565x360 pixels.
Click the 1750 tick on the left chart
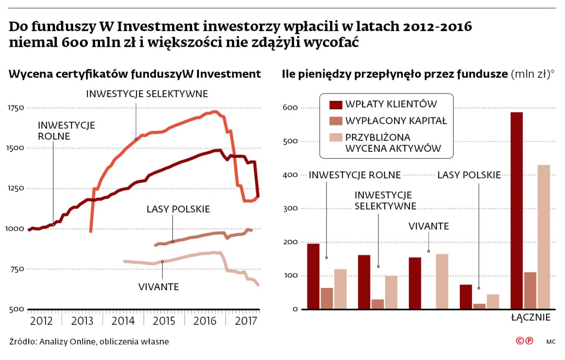16,108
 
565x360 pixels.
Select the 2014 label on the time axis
123,321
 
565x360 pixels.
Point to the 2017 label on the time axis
246,321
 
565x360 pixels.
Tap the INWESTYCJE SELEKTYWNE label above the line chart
147,94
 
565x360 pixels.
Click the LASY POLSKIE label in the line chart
178,209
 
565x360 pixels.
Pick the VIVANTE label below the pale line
158,287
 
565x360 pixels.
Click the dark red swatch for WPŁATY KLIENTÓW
336,105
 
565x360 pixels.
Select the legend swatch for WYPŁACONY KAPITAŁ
336,121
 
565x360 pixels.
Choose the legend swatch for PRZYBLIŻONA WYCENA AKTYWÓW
336,137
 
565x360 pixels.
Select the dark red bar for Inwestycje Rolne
313,276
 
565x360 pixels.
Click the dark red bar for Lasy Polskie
466,297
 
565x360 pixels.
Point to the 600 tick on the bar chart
290,108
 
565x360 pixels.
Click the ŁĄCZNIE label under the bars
530,318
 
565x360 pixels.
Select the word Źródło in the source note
23,342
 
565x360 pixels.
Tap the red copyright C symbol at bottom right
520,341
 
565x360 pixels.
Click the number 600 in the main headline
74,42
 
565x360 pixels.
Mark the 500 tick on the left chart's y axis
17,310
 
